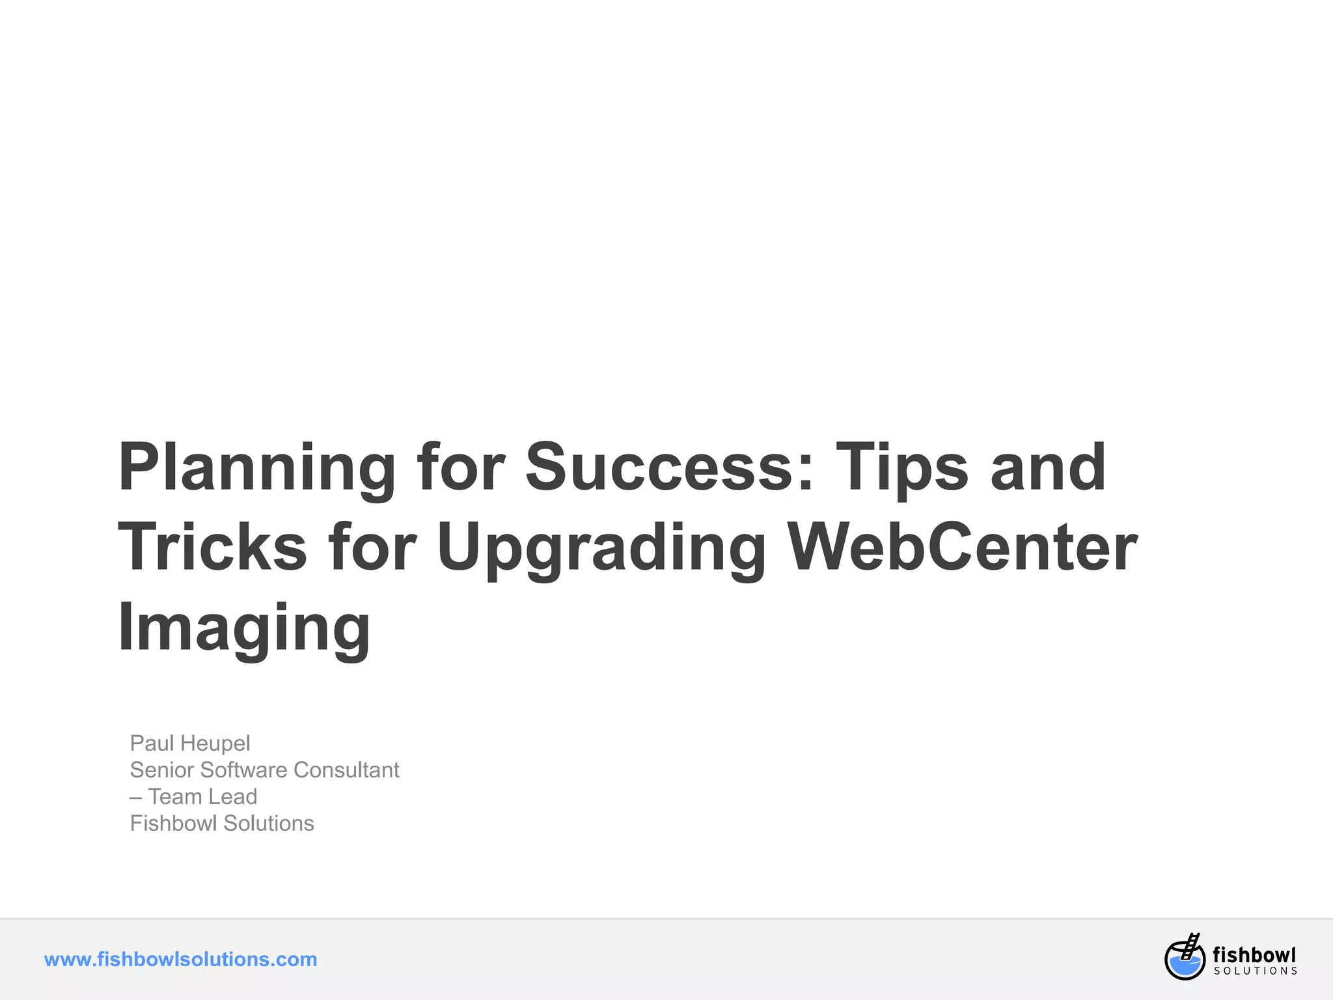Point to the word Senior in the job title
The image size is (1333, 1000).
point(162,770)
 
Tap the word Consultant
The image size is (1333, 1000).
point(346,770)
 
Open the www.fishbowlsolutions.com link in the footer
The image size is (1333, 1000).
point(180,959)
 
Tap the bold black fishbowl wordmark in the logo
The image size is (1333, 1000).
point(1254,954)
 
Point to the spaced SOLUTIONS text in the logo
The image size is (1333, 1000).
point(1256,971)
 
